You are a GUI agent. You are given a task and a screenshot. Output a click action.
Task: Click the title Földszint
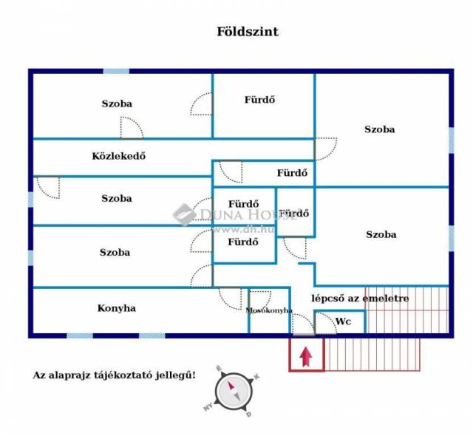248,32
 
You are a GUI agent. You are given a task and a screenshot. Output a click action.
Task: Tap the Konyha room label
117,308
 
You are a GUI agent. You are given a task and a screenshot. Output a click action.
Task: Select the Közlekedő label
118,156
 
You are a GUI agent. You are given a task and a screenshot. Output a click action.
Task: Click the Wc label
343,321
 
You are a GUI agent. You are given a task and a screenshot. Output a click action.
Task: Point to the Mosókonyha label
269,310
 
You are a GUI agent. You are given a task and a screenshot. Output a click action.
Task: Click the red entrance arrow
306,357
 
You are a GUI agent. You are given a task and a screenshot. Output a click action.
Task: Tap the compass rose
233,392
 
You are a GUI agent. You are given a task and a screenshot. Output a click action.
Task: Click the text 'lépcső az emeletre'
360,299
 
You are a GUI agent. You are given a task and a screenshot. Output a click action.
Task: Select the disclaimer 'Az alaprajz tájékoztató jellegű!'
115,375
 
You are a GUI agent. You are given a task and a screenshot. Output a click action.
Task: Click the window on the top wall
116,71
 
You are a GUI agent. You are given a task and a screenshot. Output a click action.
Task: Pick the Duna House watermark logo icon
184,214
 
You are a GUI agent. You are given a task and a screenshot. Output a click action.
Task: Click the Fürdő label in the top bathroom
259,100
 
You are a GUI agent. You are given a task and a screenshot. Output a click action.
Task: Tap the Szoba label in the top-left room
117,103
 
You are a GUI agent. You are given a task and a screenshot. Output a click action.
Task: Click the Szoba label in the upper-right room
379,129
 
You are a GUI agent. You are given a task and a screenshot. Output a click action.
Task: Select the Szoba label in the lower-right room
381,234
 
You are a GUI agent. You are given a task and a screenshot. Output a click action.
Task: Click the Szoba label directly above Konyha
115,252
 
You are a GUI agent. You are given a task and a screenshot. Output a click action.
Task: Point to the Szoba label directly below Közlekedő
117,198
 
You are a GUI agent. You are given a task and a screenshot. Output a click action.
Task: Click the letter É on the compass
219,369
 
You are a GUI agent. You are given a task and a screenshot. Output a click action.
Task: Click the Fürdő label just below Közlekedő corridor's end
292,173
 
